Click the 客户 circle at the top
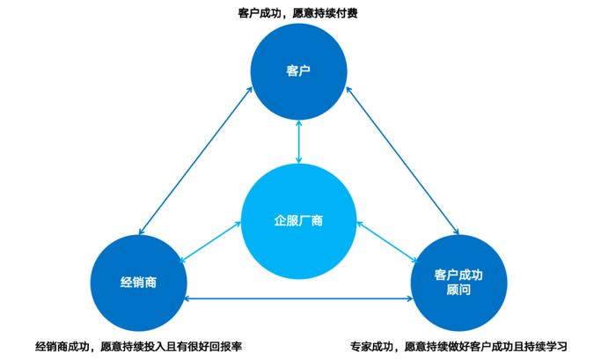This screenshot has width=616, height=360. (x=298, y=71)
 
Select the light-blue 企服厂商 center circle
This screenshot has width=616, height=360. (x=298, y=221)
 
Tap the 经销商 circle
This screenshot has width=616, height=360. (x=139, y=283)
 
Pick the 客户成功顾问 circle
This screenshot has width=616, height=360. (x=458, y=283)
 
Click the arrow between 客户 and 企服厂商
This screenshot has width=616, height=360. (x=298, y=142)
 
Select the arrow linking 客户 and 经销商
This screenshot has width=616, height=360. (x=195, y=161)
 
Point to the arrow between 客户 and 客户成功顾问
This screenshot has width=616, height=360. (x=402, y=161)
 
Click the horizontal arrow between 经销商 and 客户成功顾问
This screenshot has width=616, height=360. (x=298, y=298)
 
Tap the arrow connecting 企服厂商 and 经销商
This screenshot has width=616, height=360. (x=210, y=242)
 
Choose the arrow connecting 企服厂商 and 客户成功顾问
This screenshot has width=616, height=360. (x=387, y=242)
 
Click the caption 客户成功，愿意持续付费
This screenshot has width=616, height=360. (x=297, y=13)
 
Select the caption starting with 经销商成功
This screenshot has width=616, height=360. (x=138, y=346)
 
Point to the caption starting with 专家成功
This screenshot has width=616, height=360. (x=458, y=346)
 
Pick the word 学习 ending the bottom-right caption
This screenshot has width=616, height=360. (x=556, y=346)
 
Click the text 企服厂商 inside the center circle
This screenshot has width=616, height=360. (x=298, y=220)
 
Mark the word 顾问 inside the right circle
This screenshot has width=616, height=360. (x=458, y=290)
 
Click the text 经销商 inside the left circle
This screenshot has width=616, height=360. (x=138, y=283)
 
